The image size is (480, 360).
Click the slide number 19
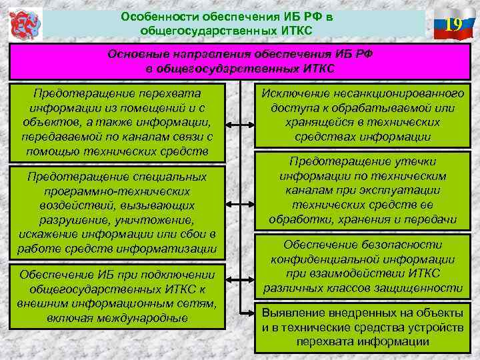coord(453,25)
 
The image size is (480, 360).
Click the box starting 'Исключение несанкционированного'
coord(363,115)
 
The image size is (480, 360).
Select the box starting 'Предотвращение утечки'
coord(363,190)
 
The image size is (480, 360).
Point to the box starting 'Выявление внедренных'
coord(363,326)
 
